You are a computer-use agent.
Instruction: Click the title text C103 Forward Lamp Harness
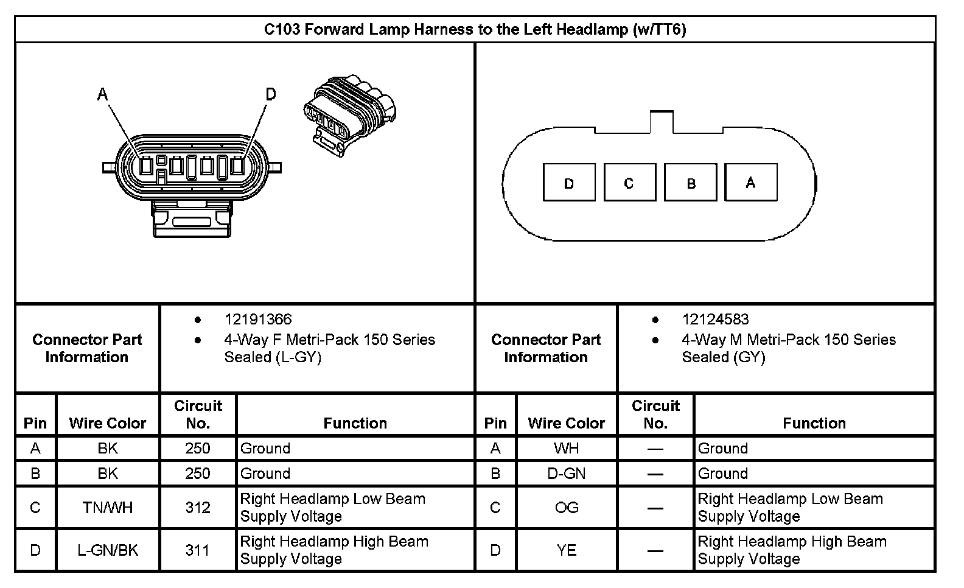coord(475,29)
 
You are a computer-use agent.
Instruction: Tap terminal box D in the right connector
coord(569,183)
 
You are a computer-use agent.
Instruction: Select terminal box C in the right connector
coord(629,183)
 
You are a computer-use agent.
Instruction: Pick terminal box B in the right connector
coord(690,183)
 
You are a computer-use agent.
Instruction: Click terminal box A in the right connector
coord(751,182)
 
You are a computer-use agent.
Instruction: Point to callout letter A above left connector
coord(103,94)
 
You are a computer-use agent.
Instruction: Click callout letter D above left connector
coord(271,94)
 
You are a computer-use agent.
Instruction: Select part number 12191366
coord(258,319)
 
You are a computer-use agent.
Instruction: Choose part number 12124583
coord(715,319)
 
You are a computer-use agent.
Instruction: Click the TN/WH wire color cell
coord(108,508)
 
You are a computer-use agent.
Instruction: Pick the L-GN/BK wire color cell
coord(108,550)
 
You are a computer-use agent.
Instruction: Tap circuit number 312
coord(198,508)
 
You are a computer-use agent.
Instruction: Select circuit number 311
coord(198,550)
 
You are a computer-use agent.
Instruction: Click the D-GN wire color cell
coord(567,474)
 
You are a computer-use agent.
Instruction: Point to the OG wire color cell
coord(567,508)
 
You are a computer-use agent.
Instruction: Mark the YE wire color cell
coord(567,550)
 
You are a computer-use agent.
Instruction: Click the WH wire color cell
coord(567,449)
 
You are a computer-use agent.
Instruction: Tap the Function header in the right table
coord(814,423)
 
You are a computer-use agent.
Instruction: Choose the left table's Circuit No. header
coord(198,414)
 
